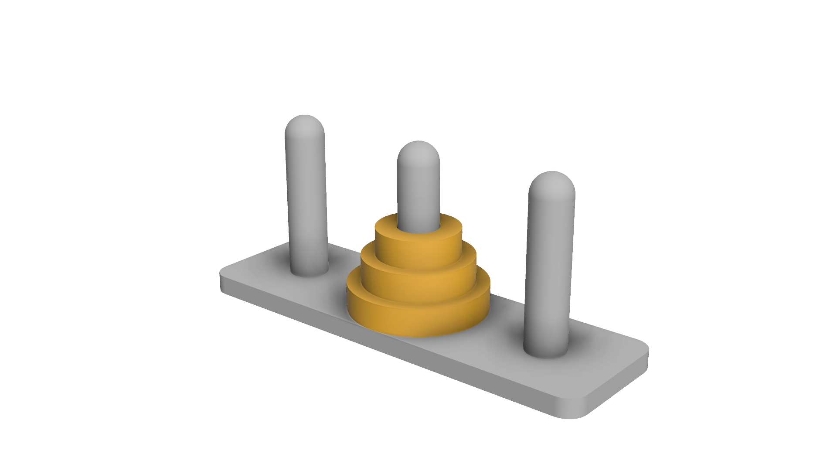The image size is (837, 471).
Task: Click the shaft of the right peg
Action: pyautogui.click(x=549, y=270)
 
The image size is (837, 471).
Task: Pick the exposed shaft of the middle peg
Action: pyautogui.click(x=418, y=192)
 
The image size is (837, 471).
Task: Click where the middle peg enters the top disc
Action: pyautogui.click(x=418, y=229)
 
